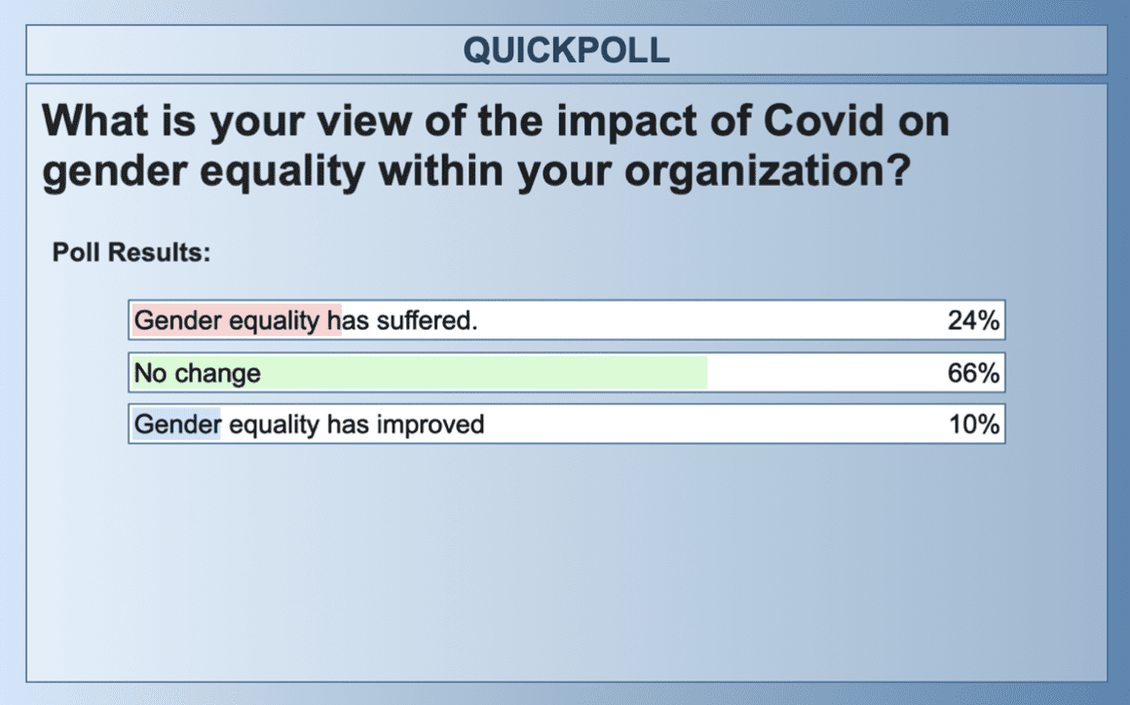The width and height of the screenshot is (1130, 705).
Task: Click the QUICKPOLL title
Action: pos(566,51)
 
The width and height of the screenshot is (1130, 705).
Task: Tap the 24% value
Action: pos(973,320)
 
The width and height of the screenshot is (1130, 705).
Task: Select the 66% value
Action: pos(973,373)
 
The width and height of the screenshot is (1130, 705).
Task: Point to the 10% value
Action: pos(973,425)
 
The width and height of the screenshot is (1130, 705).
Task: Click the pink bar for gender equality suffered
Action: pos(237,320)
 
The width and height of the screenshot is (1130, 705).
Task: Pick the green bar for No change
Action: pos(420,373)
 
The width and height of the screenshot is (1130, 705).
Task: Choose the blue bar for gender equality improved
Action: pos(176,425)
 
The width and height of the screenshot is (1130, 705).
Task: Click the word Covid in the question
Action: pos(823,121)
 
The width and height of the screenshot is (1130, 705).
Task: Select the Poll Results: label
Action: pos(132,253)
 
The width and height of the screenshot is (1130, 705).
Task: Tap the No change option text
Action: pos(198,373)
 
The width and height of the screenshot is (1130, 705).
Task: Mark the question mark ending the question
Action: pos(898,170)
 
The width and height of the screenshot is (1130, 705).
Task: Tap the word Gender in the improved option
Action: pos(177,425)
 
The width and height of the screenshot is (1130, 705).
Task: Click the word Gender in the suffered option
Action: pos(177,320)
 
